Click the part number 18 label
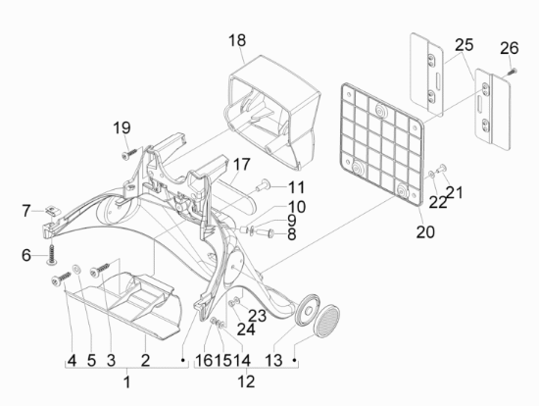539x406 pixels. (237, 40)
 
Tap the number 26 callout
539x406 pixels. (509, 48)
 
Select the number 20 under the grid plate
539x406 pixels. (425, 231)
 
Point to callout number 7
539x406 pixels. (26, 211)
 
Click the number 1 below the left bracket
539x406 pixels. (127, 381)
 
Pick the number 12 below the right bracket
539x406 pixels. (246, 381)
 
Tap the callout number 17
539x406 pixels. (241, 164)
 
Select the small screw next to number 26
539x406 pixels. (513, 72)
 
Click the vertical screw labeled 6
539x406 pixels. (52, 255)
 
